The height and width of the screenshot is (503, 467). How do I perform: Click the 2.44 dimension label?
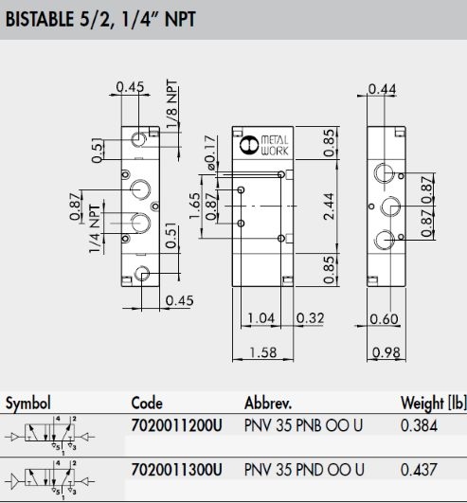coord(329,206)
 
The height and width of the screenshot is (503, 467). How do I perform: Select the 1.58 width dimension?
coord(263,352)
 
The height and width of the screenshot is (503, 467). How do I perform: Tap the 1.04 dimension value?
coord(261,318)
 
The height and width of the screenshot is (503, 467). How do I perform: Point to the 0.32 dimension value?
coord(310,318)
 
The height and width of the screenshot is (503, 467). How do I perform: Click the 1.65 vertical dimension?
coord(195,206)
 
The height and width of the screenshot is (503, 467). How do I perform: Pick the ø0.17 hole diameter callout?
coord(210,153)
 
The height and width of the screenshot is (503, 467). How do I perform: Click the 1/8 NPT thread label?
coord(171,104)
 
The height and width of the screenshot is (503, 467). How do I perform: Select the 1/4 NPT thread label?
coord(95,228)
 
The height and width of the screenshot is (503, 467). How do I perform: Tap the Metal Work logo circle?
coord(249,145)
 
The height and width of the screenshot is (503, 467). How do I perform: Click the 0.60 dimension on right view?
coord(384,319)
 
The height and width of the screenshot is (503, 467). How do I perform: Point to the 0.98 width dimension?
coord(386,352)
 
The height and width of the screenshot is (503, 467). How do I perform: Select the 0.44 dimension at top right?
coord(382,89)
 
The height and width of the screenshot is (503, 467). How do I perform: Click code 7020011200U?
coord(176,425)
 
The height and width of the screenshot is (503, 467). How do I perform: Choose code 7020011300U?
coord(176,470)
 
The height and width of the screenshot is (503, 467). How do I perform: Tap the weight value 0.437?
coord(419,470)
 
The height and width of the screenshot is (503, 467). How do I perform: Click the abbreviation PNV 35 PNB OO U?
coord(303,425)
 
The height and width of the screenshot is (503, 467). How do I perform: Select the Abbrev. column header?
coord(268,403)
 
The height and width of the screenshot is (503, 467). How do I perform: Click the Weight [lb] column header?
coord(434,403)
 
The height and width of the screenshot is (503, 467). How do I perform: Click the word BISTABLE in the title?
coord(40,19)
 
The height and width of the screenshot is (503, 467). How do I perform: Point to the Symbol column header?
coord(28,403)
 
